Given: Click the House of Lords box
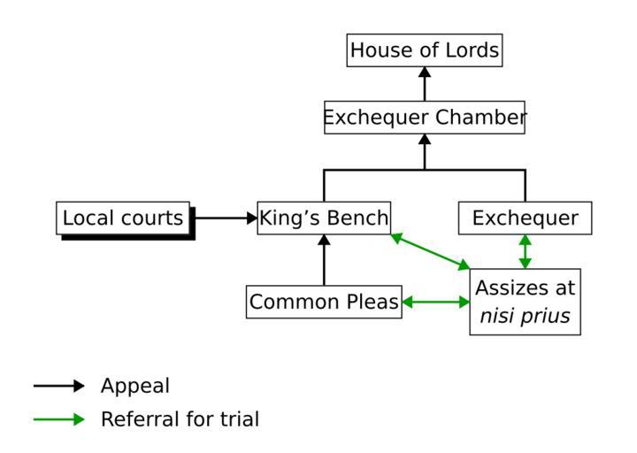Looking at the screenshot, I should click(x=424, y=50).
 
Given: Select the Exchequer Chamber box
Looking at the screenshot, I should click(x=424, y=117).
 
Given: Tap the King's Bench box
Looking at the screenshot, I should click(x=324, y=218).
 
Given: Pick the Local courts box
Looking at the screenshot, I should click(x=124, y=218).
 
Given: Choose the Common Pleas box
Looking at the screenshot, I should click(x=324, y=302).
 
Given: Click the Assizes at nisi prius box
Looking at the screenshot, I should click(x=525, y=302).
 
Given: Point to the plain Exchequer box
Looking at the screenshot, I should click(x=525, y=218).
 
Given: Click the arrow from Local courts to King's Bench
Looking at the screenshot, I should click(x=225, y=218).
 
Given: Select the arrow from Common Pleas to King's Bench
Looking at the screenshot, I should click(x=324, y=260).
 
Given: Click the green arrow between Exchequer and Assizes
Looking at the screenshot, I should click(x=525, y=251).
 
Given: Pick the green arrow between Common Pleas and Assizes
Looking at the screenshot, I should click(x=435, y=302).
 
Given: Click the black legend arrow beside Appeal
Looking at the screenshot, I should click(x=59, y=386).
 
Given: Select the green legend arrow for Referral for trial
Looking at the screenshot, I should click(x=59, y=419).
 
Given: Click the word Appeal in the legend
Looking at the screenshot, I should click(x=134, y=386).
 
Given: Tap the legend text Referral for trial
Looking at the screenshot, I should click(x=180, y=419).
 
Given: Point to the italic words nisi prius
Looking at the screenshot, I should click(x=525, y=316).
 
